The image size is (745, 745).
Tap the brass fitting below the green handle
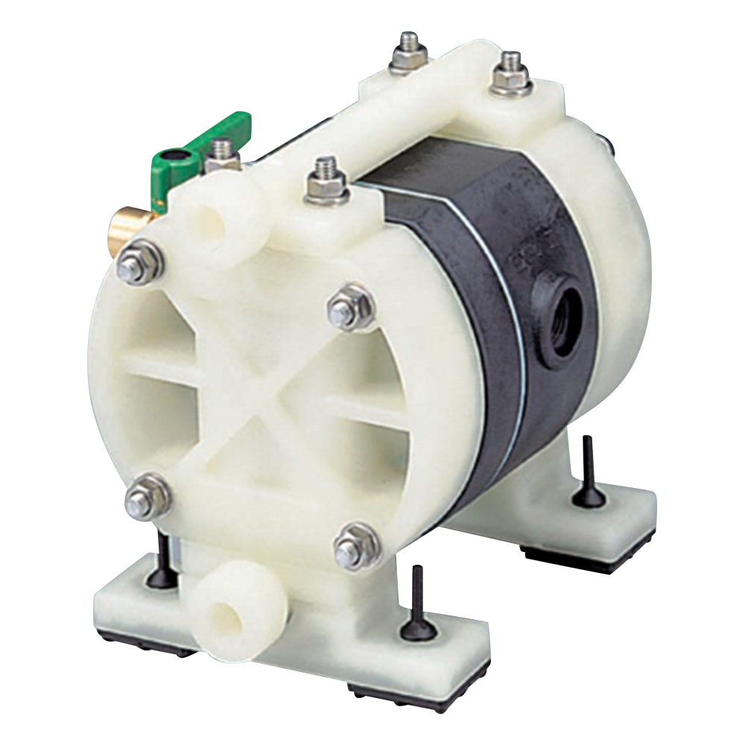pos(136,220)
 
